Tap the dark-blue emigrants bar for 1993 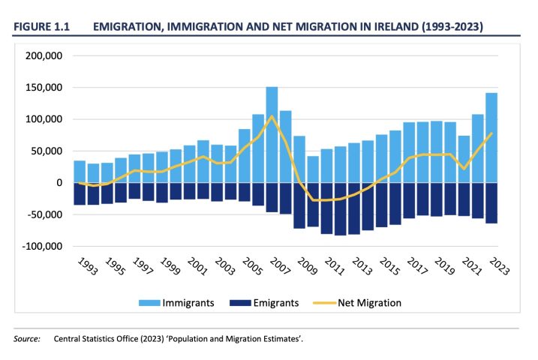click(79, 193)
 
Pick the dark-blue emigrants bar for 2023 click(491, 202)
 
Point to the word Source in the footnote click(26, 339)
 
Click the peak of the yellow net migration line click(272, 116)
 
